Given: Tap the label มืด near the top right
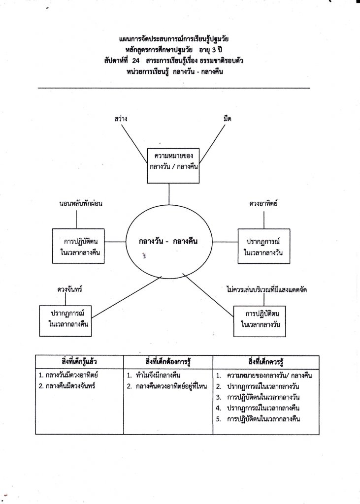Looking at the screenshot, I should pos(227,119).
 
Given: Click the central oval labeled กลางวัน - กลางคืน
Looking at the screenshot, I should pos(168,242).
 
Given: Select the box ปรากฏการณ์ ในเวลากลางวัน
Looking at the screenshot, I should pos(263,246).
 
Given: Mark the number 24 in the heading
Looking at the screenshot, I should pos(136,61).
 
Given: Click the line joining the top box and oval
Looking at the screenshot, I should pos(169,194).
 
